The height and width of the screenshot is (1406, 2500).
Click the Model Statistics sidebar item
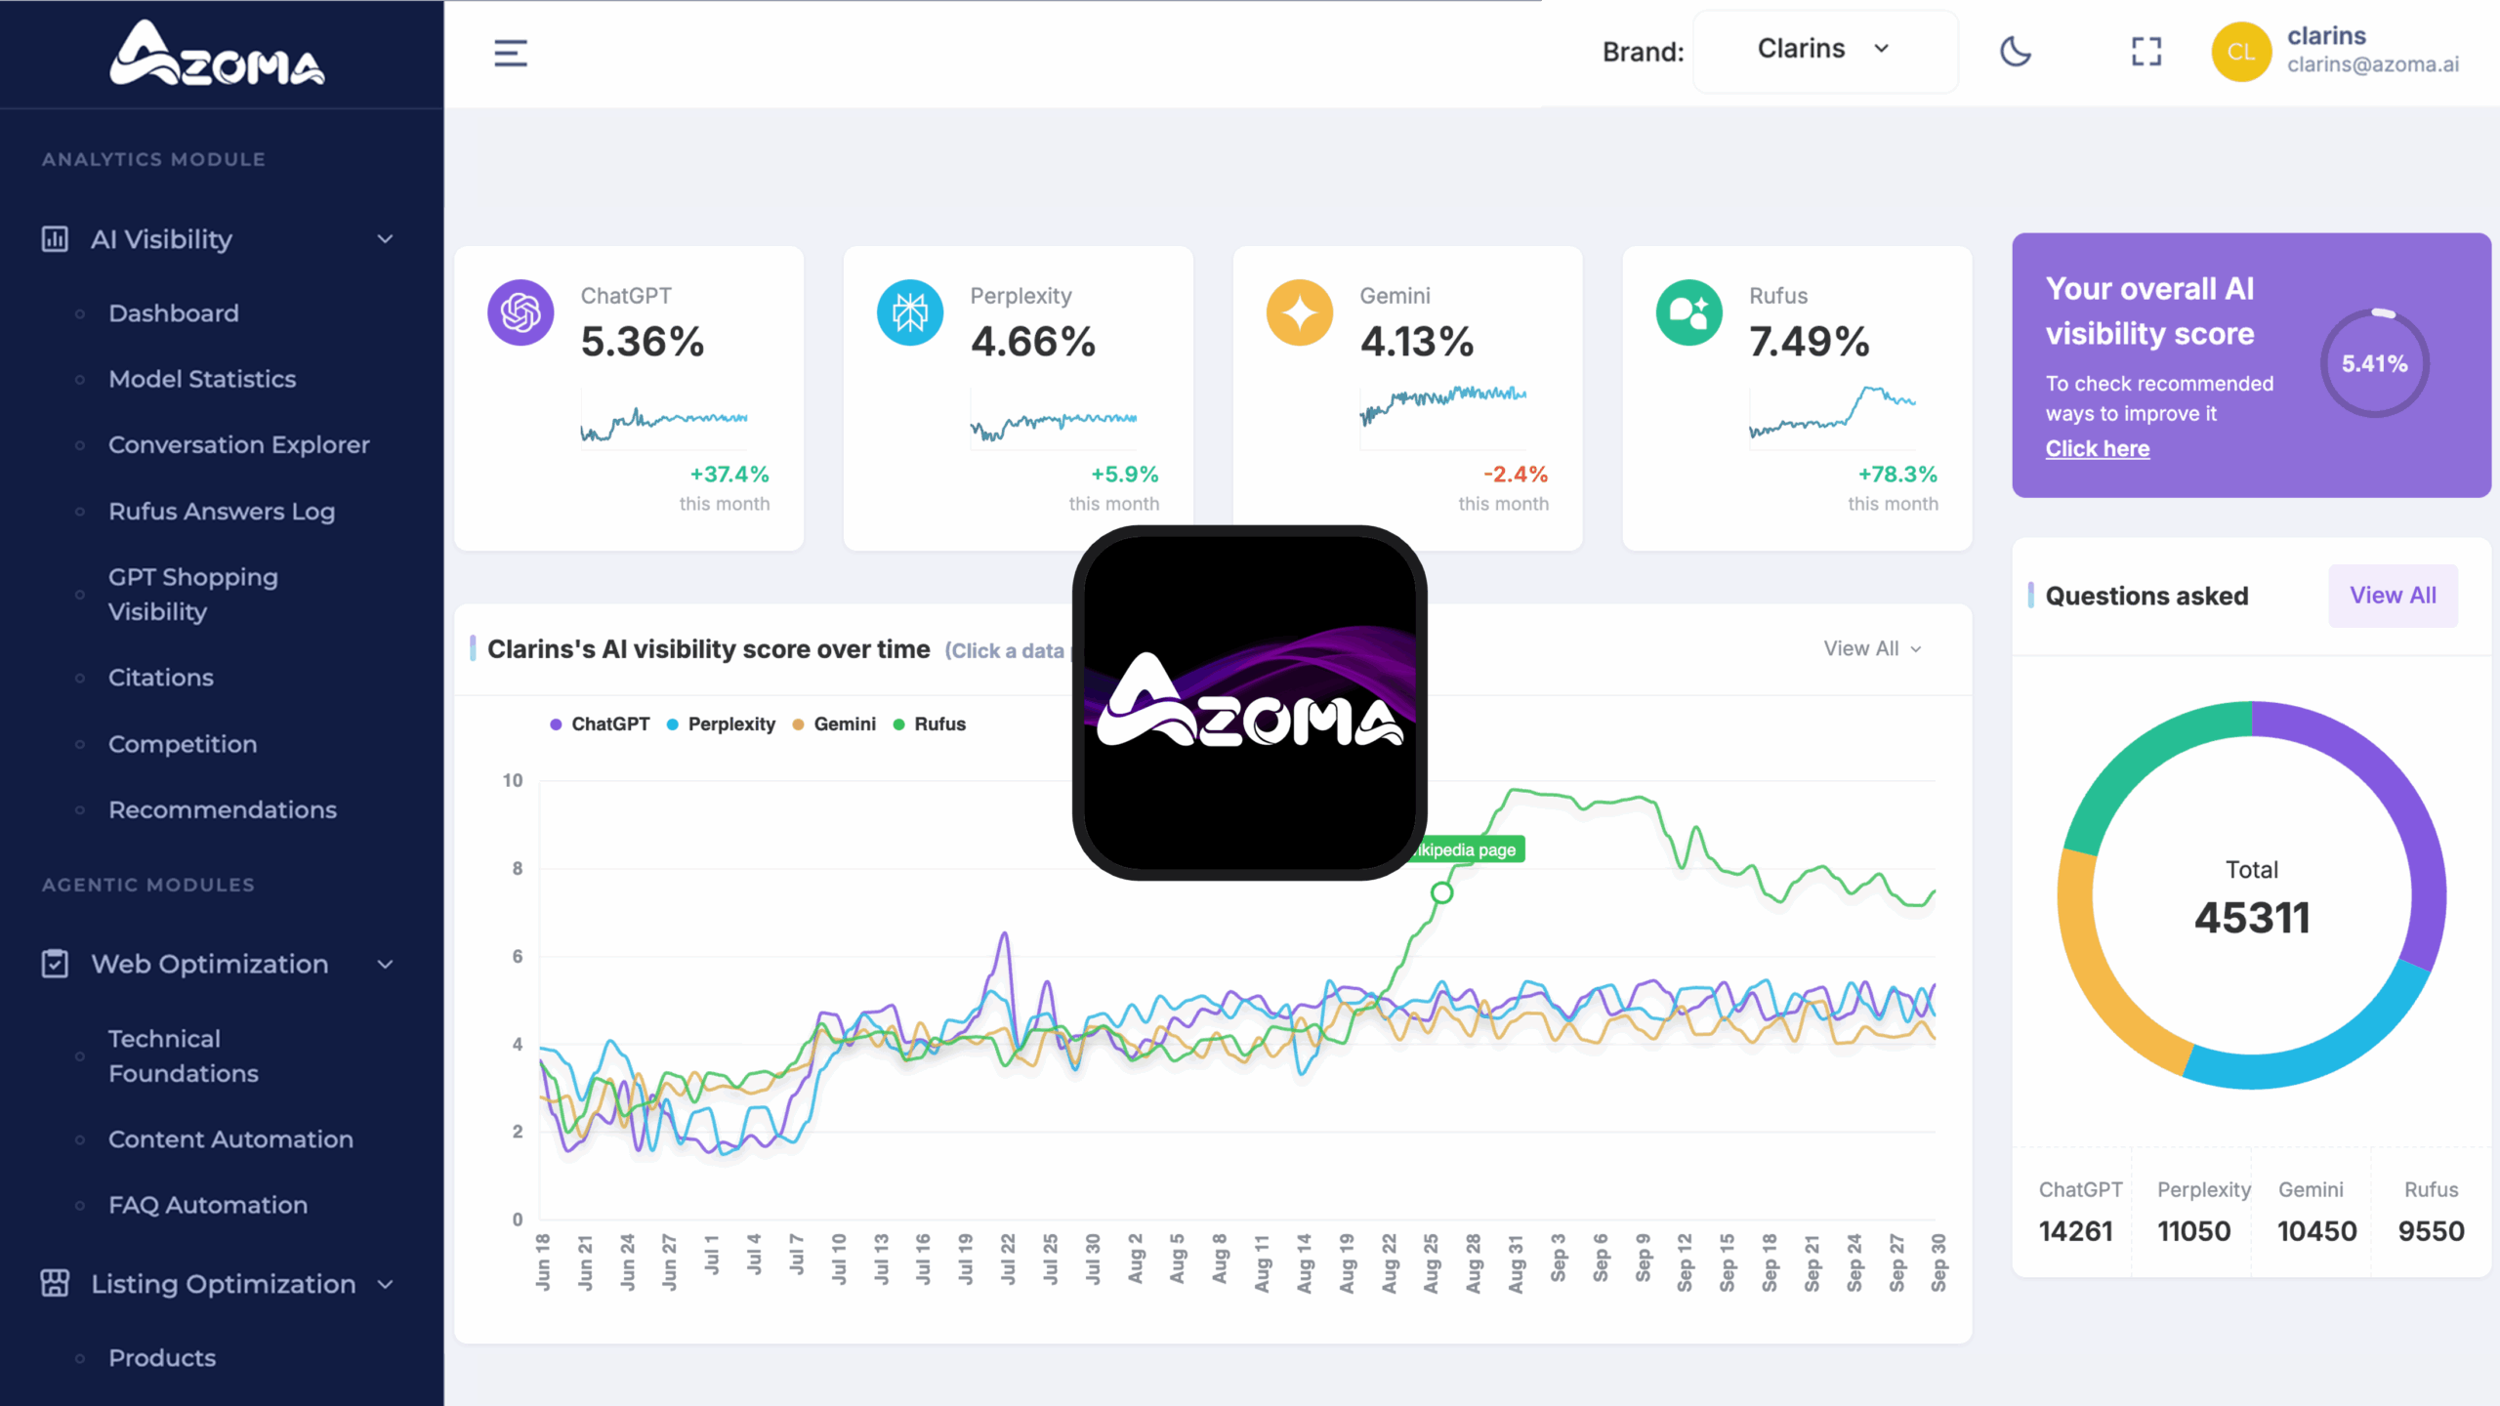pyautogui.click(x=202, y=379)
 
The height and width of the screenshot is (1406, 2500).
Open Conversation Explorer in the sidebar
pyautogui.click(x=238, y=445)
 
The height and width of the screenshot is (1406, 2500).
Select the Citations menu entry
pyautogui.click(x=160, y=678)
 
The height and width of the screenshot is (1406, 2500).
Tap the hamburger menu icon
pyautogui.click(x=510, y=53)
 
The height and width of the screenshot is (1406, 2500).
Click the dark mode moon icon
pyautogui.click(x=2015, y=52)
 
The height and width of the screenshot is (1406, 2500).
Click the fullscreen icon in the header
pyautogui.click(x=2146, y=52)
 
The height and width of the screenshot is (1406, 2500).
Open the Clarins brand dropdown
pyautogui.click(x=1823, y=50)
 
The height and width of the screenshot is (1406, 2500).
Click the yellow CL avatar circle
pyautogui.click(x=2240, y=52)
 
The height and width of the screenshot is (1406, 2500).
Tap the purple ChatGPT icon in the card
pyautogui.click(x=521, y=312)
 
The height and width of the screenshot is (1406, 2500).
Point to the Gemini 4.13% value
pyautogui.click(x=1416, y=342)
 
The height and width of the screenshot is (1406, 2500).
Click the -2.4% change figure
pyautogui.click(x=1515, y=475)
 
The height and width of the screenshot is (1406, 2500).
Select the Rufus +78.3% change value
pyautogui.click(x=1896, y=475)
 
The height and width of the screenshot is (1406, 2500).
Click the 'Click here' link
pyautogui.click(x=2097, y=449)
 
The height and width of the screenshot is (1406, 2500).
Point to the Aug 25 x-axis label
pyautogui.click(x=1431, y=1263)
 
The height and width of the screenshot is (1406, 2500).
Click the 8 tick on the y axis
pyautogui.click(x=518, y=869)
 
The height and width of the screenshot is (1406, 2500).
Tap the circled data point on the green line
pyautogui.click(x=1441, y=892)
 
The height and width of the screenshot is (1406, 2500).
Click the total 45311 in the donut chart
pyautogui.click(x=2251, y=918)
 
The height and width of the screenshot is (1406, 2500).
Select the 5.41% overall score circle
pyautogui.click(x=2374, y=364)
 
